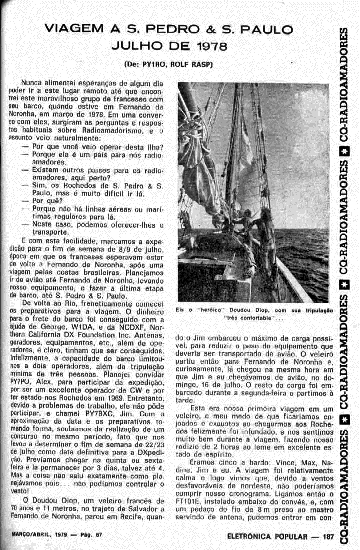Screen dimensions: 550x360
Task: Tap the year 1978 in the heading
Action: point(210,47)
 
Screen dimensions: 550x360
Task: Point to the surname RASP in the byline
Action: point(200,65)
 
